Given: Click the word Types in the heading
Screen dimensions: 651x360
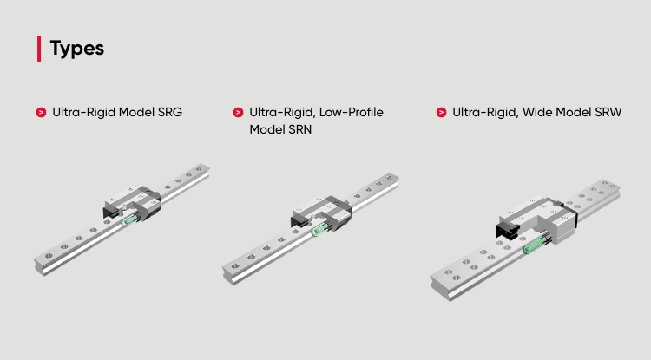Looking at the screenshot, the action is tap(76, 49).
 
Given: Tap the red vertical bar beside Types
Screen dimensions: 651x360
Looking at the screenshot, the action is tap(39, 49).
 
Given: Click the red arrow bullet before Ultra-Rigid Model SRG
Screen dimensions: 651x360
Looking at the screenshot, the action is tap(41, 113).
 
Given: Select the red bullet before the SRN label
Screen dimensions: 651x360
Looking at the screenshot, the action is tap(239, 113).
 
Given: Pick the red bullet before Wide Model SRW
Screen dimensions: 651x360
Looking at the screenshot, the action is tap(441, 113).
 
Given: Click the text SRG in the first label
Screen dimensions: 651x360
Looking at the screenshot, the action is tap(170, 113).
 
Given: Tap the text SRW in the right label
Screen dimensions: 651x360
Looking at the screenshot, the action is tap(608, 113).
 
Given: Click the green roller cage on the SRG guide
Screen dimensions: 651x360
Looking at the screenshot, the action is tap(129, 219).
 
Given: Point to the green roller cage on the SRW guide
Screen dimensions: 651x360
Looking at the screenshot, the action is tap(536, 245).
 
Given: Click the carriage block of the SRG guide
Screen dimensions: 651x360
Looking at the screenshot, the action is tap(132, 203).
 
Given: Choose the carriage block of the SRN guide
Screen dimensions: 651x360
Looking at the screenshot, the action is tap(321, 213).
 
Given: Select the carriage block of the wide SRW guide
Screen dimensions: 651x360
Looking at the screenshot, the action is tap(536, 219).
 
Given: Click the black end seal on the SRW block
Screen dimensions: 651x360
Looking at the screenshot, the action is tap(507, 231).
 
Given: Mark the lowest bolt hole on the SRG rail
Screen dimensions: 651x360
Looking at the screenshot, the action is tap(49, 256).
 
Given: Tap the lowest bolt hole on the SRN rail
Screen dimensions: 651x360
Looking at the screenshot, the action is tap(235, 265).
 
